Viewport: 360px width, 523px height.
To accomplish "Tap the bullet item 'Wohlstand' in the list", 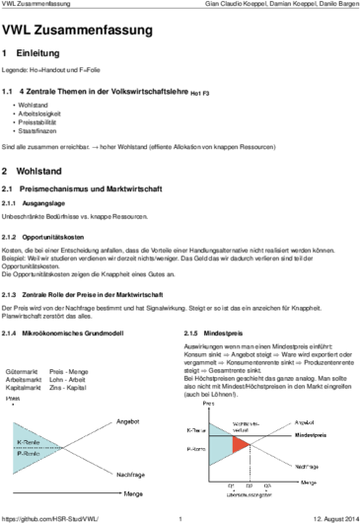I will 33,104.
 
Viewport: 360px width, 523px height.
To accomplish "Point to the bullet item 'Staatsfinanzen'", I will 37,131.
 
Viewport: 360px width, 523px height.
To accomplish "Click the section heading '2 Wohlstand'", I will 38,170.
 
